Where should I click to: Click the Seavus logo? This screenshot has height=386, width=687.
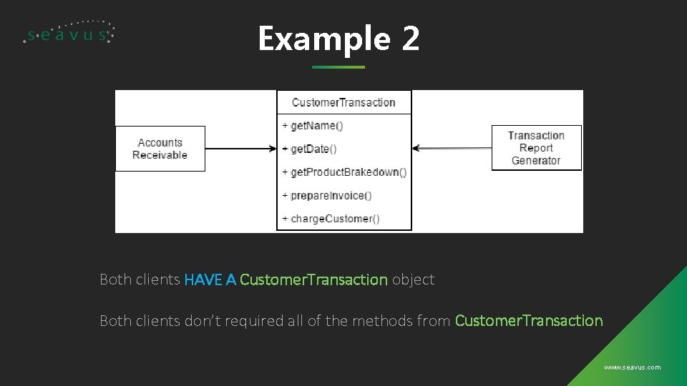tap(69, 33)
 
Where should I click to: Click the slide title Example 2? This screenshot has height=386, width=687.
tap(338, 39)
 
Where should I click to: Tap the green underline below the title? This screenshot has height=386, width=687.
tap(338, 67)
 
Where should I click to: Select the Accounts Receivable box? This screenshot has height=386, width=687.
tap(160, 149)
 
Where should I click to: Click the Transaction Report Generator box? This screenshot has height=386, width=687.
tap(536, 148)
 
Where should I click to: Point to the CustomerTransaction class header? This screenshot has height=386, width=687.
tap(344, 102)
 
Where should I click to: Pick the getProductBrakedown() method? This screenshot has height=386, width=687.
tap(348, 172)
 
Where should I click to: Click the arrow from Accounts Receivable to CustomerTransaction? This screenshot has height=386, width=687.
tap(240, 149)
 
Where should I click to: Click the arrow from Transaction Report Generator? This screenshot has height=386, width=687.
tap(452, 149)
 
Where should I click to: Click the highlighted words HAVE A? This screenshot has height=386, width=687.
tap(210, 279)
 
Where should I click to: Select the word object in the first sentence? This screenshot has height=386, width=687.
tap(413, 279)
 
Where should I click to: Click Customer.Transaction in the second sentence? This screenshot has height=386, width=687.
tap(529, 321)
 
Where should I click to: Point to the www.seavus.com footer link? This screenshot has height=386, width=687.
tap(632, 367)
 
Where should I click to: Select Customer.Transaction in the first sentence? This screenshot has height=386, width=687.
tap(313, 279)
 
